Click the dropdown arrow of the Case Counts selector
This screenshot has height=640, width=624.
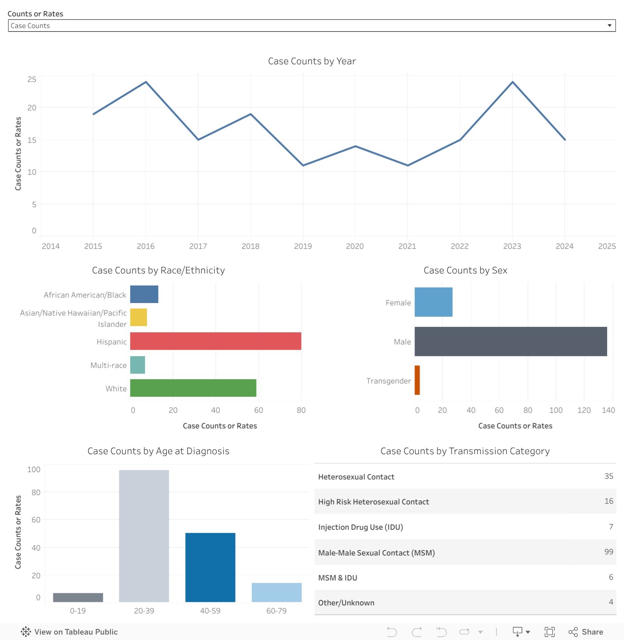[x=609, y=26]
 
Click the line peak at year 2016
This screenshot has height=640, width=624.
[x=146, y=82]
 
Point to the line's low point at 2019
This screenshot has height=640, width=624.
[x=303, y=166]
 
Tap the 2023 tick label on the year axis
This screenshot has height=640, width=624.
[x=512, y=246]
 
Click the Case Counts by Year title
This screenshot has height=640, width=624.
[x=312, y=61]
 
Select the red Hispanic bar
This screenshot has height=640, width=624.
[x=215, y=341]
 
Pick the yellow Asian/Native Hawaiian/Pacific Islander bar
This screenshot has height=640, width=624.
[x=138, y=317]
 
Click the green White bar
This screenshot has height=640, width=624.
[x=193, y=388]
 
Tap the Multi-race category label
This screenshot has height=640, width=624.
[x=108, y=365]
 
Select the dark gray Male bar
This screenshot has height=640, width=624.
[x=511, y=342]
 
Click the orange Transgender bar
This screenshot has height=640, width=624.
[x=417, y=380]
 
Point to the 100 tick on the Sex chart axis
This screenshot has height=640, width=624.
[x=556, y=410]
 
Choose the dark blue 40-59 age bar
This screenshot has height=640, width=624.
[x=210, y=567]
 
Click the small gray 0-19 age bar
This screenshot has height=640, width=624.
[x=78, y=598]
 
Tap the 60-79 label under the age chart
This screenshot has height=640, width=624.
[x=276, y=611]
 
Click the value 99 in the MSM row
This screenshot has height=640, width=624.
[x=608, y=552]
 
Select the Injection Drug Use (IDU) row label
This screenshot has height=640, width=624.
[x=360, y=527]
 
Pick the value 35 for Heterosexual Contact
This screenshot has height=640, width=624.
[x=608, y=476]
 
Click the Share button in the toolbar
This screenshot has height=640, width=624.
[x=586, y=632]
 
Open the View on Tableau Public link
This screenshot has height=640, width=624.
[x=69, y=632]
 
